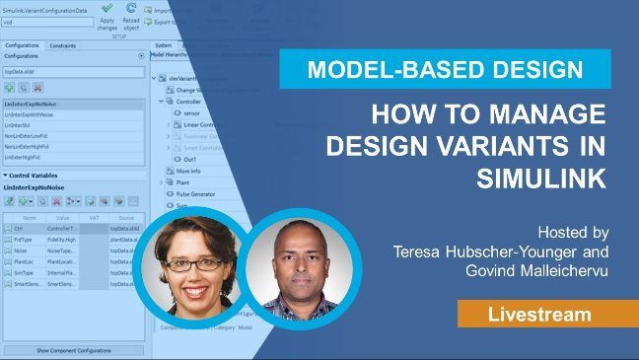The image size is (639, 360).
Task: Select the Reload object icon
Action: (x=131, y=8)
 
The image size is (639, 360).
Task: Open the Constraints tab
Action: (x=63, y=45)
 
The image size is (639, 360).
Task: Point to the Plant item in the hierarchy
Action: (x=184, y=182)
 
